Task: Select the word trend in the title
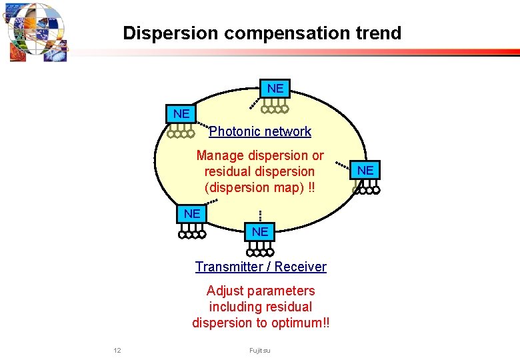point(379,33)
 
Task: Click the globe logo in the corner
point(37,31)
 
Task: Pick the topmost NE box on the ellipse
point(275,89)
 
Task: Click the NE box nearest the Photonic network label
point(181,114)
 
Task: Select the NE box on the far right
point(365,171)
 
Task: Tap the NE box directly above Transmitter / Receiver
point(260,232)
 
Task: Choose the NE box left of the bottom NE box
point(191,214)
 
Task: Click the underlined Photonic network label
point(260,131)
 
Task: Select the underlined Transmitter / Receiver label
point(261,267)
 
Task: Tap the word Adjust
point(223,291)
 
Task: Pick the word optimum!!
point(301,323)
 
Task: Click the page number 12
point(117,351)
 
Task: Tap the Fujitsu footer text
point(260,351)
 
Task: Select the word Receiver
point(301,267)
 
